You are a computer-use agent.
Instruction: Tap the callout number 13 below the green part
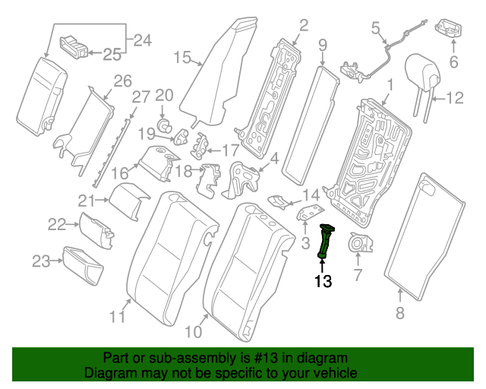pos(323,282)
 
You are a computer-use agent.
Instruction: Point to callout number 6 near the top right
pos(454,63)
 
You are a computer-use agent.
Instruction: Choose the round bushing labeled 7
pos(357,244)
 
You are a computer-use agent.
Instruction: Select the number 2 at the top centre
pos(303,27)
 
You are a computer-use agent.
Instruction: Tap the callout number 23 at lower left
pos(40,262)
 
